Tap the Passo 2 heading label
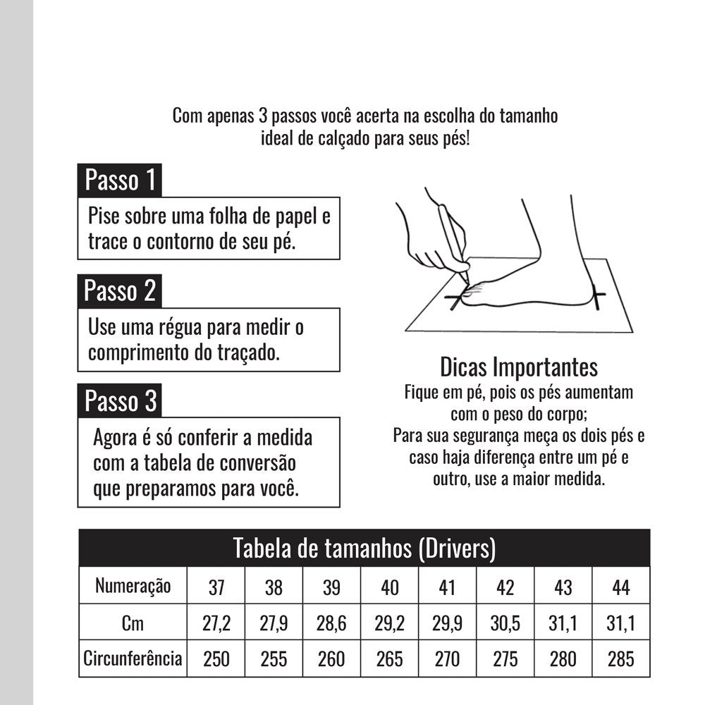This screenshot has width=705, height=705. [x=119, y=290]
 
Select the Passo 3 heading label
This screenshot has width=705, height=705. [x=120, y=400]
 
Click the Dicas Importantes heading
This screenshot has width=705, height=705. [x=518, y=367]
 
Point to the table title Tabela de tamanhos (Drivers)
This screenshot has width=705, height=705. [x=364, y=548]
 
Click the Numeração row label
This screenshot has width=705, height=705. [x=133, y=585]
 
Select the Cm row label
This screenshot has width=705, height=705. [x=133, y=622]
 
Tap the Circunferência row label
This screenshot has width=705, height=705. [x=133, y=659]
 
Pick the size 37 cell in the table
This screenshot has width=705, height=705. [x=216, y=586]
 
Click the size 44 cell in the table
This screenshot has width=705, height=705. [x=620, y=586]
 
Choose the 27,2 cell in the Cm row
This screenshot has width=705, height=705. [x=216, y=623]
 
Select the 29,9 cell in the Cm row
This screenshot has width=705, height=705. [x=447, y=623]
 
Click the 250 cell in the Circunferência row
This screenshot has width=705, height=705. [x=216, y=659]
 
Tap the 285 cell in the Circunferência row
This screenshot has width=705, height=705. [x=620, y=659]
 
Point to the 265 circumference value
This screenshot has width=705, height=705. [x=389, y=659]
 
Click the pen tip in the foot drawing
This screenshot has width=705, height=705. [x=467, y=271]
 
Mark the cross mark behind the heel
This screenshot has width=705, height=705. [x=598, y=298]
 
